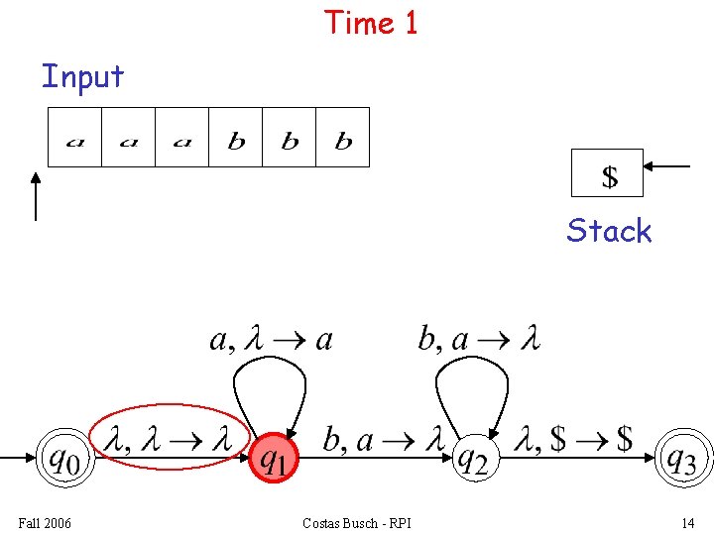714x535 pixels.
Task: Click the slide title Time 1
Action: coord(371,23)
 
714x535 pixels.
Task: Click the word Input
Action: coord(82,76)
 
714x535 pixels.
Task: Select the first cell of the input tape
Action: coord(75,138)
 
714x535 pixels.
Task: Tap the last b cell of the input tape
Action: coord(343,138)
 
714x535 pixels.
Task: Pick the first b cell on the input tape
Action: coord(236,138)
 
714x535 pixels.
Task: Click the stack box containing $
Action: coord(608,174)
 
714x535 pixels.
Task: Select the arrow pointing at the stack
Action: coord(666,166)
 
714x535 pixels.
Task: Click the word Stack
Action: coord(609,231)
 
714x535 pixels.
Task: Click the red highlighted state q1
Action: coord(274,458)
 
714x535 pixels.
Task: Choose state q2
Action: coord(472,458)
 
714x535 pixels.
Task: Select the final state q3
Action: coord(685,458)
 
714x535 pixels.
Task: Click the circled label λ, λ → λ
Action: coord(169,438)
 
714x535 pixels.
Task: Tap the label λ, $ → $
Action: coord(576,438)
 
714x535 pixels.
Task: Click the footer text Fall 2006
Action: coord(45,523)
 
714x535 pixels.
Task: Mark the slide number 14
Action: coord(687,523)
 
